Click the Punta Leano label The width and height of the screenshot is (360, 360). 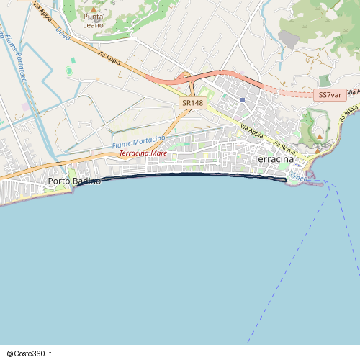click(x=93, y=21)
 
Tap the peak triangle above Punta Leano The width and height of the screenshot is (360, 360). click(x=92, y=7)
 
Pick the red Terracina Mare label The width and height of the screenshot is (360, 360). click(x=143, y=153)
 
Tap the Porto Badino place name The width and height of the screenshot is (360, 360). click(x=74, y=181)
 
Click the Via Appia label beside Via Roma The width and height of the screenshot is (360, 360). click(x=251, y=131)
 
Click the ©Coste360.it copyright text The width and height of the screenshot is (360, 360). click(x=31, y=354)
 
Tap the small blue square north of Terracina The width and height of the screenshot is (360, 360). click(x=243, y=99)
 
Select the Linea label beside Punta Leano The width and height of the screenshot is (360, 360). click(x=63, y=34)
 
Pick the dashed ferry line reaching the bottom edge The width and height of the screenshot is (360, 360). click(x=288, y=274)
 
